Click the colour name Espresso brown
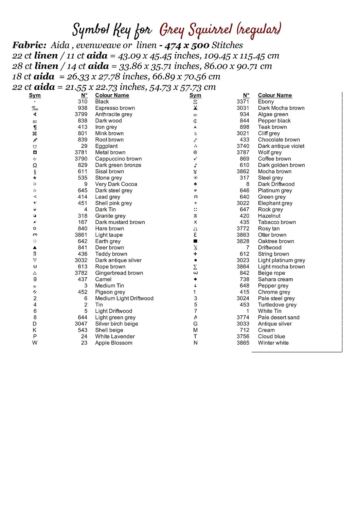(115, 108)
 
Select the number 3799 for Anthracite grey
(81, 114)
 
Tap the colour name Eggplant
(106, 146)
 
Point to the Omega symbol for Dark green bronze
(35, 165)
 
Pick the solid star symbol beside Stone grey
(35, 178)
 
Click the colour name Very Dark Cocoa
(116, 184)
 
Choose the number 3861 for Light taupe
(81, 235)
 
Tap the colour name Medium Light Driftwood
(124, 298)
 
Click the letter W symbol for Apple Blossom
(35, 343)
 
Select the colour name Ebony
(266, 101)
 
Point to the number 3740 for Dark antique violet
(243, 146)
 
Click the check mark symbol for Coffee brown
(195, 159)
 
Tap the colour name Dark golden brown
(282, 165)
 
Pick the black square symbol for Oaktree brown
(195, 241)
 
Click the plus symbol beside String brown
(195, 254)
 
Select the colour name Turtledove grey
(277, 305)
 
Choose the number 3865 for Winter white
(243, 343)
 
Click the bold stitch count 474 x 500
(187, 45)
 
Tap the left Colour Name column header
(112, 95)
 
